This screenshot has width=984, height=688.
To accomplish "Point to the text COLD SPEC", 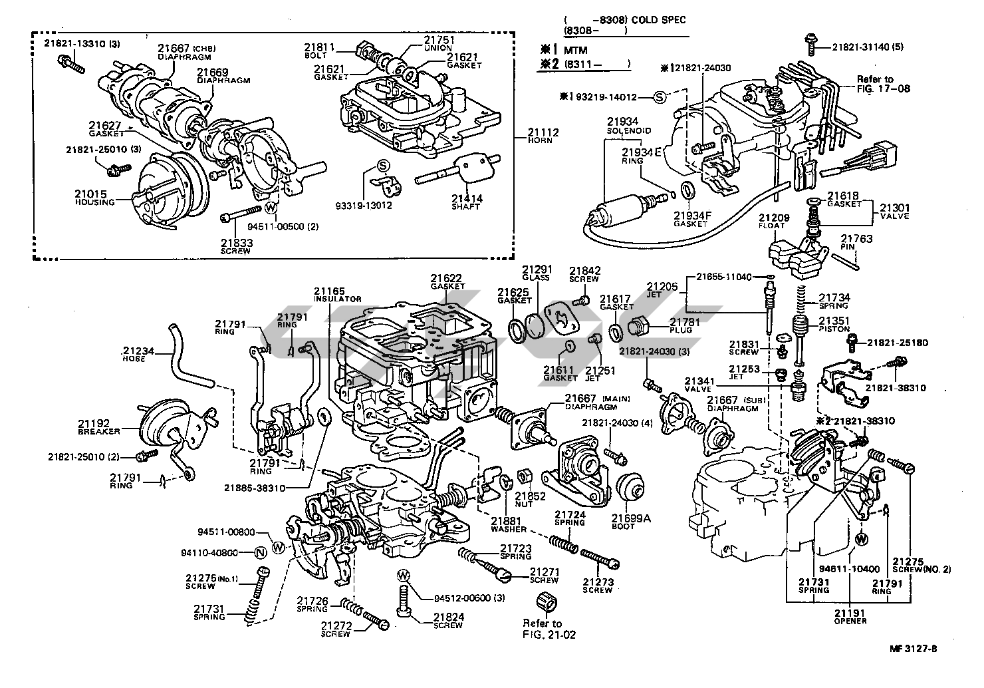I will click(658, 21).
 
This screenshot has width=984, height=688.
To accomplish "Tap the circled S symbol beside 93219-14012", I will click(659, 97).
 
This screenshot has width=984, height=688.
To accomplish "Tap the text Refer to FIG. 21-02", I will click(548, 629).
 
